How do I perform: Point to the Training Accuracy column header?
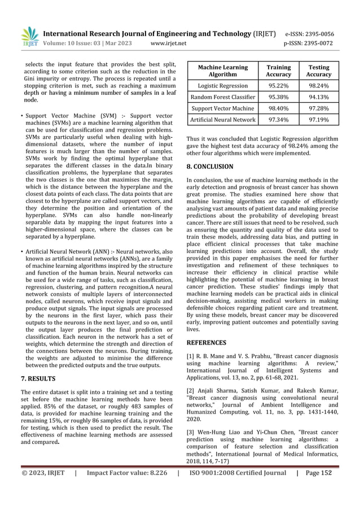click(x=278, y=71)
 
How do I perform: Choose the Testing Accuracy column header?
click(x=319, y=71)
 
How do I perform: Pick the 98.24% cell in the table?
click(x=319, y=86)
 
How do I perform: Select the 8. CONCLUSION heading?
click(x=209, y=167)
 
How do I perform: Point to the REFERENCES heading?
click(x=206, y=342)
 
